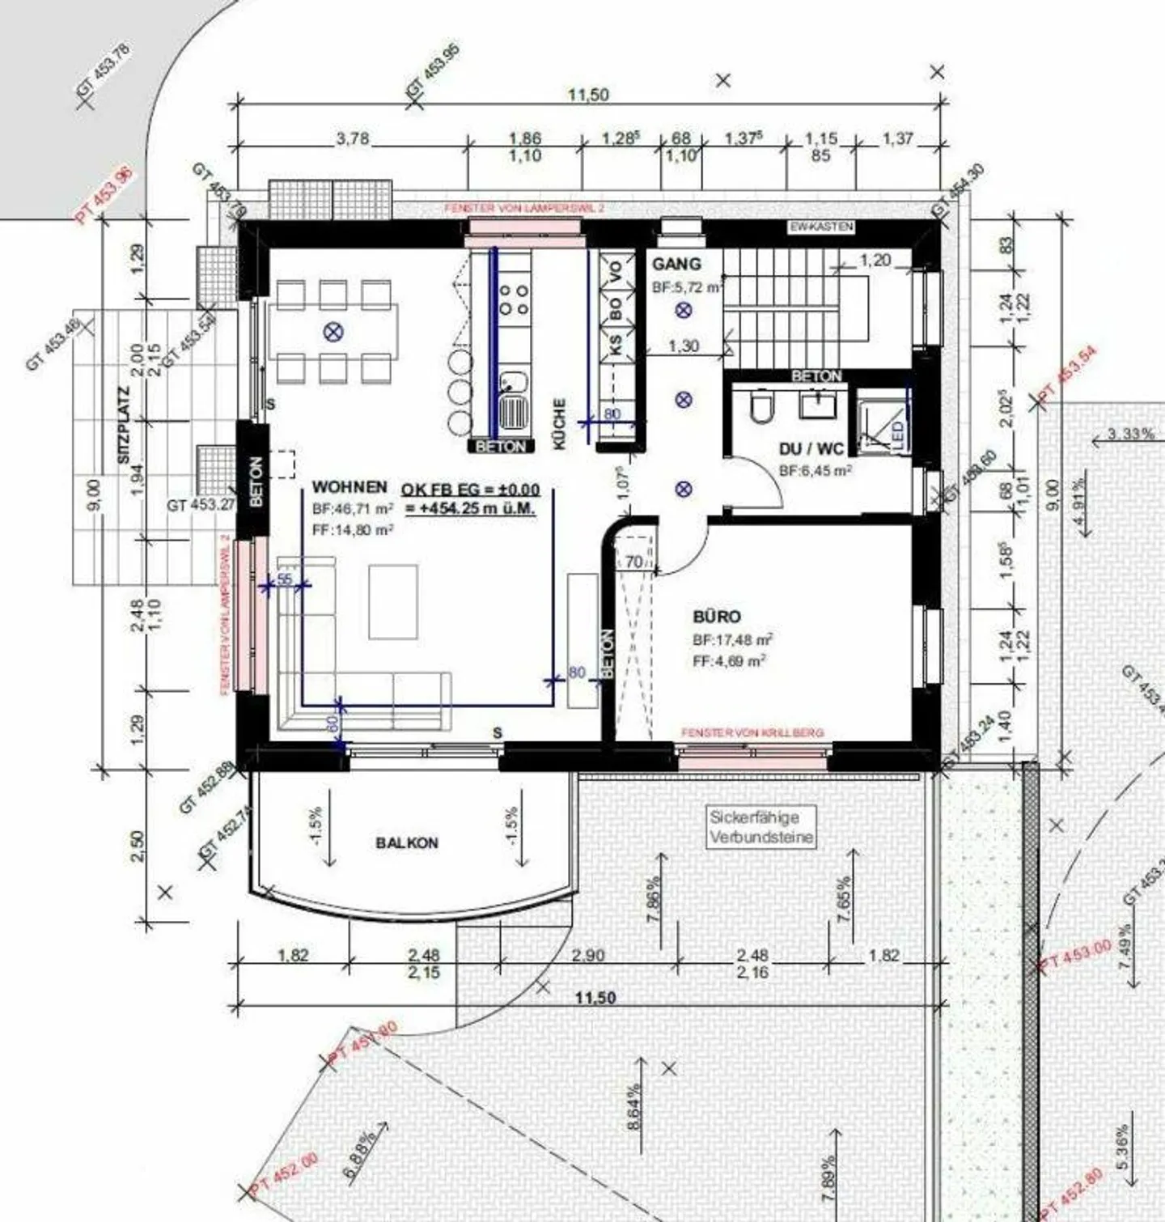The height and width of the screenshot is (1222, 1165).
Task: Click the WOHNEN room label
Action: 349,487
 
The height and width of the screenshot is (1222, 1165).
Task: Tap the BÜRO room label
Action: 716,617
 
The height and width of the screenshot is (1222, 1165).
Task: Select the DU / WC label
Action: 811,449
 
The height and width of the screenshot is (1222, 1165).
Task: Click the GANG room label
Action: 676,264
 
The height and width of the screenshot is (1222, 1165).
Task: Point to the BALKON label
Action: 407,843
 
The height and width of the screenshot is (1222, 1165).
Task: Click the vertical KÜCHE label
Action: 560,424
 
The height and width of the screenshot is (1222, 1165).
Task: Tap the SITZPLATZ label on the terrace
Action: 124,436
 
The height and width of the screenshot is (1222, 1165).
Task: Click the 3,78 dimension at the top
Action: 353,139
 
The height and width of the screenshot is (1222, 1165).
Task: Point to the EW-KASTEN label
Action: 821,227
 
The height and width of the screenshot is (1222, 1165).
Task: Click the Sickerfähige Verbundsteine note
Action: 761,827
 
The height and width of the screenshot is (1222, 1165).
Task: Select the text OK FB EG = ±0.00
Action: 470,490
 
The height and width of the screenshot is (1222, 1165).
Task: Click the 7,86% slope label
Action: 655,899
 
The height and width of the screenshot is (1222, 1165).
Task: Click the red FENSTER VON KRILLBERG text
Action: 752,732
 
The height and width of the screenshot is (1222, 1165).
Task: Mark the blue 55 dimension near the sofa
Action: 284,579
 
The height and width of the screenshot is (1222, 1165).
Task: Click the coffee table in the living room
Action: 393,601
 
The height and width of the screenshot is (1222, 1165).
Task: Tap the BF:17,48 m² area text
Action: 732,639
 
